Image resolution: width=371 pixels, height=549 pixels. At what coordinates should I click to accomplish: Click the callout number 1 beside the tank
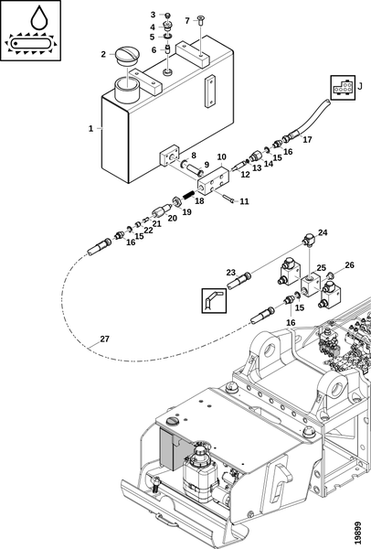pyautogui.click(x=90, y=128)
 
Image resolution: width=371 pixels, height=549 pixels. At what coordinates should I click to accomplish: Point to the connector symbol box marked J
pyautogui.click(x=343, y=87)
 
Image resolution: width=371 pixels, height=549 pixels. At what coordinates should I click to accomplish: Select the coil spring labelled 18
pyautogui.click(x=189, y=194)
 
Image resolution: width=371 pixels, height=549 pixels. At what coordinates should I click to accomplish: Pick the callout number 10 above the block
pyautogui.click(x=222, y=156)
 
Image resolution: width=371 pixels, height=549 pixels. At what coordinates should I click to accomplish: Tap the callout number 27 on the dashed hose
pyautogui.click(x=104, y=339)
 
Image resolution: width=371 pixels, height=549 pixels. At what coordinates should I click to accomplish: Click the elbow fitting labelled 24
pyautogui.click(x=309, y=240)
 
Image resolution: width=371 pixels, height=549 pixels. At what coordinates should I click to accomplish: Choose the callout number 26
pyautogui.click(x=349, y=265)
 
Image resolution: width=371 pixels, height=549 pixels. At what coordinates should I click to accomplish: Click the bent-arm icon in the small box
pyautogui.click(x=214, y=300)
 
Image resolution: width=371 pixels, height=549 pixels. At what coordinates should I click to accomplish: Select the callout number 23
pyautogui.click(x=231, y=273)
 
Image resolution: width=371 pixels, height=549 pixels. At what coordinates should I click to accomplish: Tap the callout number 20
pyautogui.click(x=173, y=218)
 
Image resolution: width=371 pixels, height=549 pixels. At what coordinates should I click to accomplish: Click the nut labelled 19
pyautogui.click(x=176, y=201)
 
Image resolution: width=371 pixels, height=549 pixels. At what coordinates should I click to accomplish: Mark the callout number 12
pyautogui.click(x=246, y=174)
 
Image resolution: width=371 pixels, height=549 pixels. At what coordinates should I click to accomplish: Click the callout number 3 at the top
pyautogui.click(x=153, y=15)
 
